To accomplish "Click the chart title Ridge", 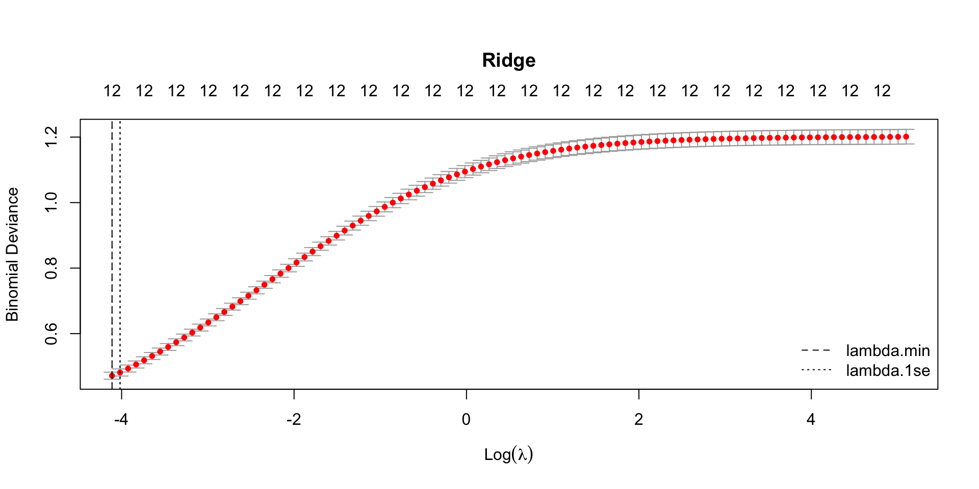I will [x=508, y=61].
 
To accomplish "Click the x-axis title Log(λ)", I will [x=508, y=454].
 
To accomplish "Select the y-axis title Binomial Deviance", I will [x=12, y=254].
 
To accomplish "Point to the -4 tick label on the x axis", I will [x=121, y=420].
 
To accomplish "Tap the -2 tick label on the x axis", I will [x=293, y=420].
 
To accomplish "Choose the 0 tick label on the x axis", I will [x=466, y=420].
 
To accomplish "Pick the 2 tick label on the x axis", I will [x=638, y=420].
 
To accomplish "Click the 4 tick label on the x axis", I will [x=811, y=420].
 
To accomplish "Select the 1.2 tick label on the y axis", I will [x=51, y=137].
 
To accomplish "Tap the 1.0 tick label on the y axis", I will [x=51, y=203].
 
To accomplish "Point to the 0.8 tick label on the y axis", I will [x=51, y=268].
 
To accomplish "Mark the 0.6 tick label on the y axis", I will [x=51, y=334].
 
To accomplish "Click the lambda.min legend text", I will [x=888, y=350].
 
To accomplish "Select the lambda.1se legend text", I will [x=888, y=370].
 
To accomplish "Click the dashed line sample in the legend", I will [x=816, y=350].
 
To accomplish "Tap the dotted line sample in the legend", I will [x=816, y=370].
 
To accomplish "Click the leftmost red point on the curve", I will [x=112, y=375].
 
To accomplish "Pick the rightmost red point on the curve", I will [x=906, y=137].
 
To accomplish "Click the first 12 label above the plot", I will [x=112, y=91].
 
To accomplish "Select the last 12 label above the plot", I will [x=882, y=91].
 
